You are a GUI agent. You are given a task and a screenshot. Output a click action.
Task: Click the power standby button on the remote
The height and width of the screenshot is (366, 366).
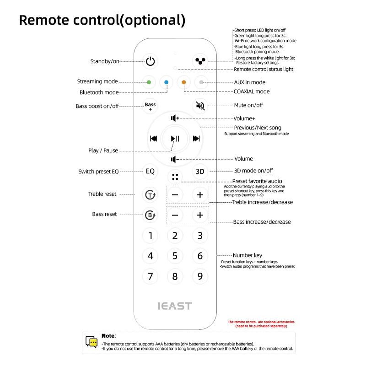pyautogui.click(x=151, y=61)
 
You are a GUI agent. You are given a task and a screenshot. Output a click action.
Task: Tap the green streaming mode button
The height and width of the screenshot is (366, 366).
pyautogui.click(x=149, y=82)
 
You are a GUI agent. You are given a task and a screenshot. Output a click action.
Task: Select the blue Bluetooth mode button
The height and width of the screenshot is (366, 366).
pyautogui.click(x=167, y=82)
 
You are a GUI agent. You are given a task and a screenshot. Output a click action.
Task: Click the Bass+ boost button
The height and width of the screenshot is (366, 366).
pyautogui.click(x=150, y=106)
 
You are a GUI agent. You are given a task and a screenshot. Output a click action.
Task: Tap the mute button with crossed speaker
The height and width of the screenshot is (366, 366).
pyautogui.click(x=200, y=106)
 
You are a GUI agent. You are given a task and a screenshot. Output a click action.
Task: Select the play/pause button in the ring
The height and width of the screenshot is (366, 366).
pyautogui.click(x=175, y=139)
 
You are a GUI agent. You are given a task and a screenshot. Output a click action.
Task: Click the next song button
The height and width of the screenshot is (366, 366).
pyautogui.click(x=196, y=139)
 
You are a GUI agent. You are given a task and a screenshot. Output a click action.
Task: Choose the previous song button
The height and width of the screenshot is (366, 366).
pyautogui.click(x=154, y=139)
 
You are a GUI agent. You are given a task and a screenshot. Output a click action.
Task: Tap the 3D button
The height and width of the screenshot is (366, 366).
pyautogui.click(x=200, y=172)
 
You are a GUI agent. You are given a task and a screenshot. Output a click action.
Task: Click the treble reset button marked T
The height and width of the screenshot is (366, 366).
pyautogui.click(x=150, y=195)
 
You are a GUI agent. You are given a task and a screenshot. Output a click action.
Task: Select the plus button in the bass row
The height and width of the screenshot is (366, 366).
pyautogui.click(x=200, y=215)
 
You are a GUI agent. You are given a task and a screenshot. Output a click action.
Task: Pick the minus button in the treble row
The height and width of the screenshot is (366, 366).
pyautogui.click(x=175, y=195)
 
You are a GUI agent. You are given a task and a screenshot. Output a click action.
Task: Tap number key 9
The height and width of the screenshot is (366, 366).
pyautogui.click(x=200, y=276)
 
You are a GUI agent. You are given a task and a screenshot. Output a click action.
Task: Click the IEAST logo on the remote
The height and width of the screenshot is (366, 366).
pyautogui.click(x=175, y=306)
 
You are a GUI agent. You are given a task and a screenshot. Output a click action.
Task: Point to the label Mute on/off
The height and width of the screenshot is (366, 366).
pyautogui.click(x=248, y=105)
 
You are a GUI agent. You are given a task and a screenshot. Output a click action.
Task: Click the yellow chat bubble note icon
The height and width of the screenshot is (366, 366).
pyautogui.click(x=91, y=342)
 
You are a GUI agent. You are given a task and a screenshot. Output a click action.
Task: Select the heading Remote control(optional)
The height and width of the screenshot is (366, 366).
pyautogui.click(x=102, y=20)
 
